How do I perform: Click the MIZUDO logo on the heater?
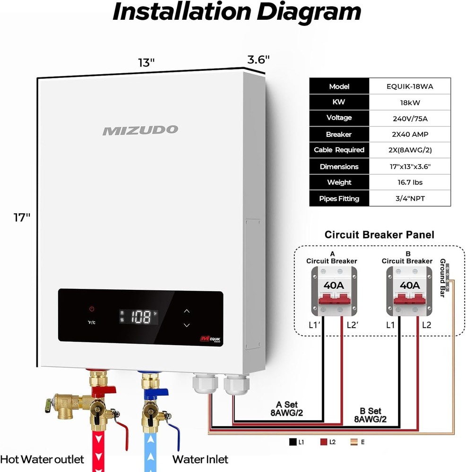[140, 130]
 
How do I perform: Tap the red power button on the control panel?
[92, 309]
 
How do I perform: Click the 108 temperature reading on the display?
[141, 317]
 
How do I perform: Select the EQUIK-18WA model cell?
[409, 86]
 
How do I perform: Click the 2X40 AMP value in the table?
[409, 135]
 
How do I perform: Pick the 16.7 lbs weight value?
[409, 183]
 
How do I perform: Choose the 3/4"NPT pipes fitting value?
[409, 199]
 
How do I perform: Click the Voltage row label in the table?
[339, 118]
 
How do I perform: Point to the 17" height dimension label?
[21, 218]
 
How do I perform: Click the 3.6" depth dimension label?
[258, 60]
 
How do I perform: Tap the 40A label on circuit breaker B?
[409, 285]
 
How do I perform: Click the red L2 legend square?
[323, 442]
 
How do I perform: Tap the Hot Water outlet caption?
[42, 459]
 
